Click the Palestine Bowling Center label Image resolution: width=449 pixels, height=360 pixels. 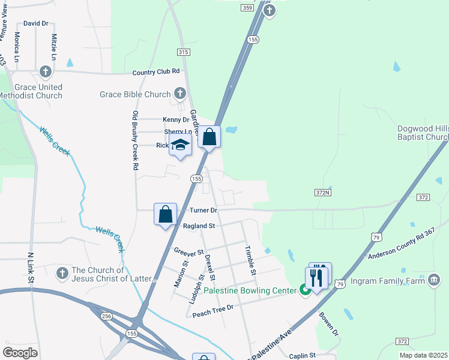tap(250, 290)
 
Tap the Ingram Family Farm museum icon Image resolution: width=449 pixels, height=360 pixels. tap(434, 280)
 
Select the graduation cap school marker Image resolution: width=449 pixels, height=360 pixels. tap(180, 145)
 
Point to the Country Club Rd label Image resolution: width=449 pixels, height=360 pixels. tap(156, 72)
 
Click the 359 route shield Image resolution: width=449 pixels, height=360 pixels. tap(247, 8)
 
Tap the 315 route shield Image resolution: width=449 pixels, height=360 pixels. tap(184, 52)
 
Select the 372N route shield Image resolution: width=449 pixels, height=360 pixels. tap(322, 193)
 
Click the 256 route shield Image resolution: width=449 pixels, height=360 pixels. tap(107, 316)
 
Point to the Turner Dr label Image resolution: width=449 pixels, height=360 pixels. tap(203, 211)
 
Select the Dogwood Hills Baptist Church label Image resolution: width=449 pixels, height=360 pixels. tap(423, 133)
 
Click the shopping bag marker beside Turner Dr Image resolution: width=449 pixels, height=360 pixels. tap(165, 214)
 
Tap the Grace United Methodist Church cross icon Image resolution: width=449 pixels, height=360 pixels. tap(45, 72)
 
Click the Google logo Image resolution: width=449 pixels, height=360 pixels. tap(20, 352)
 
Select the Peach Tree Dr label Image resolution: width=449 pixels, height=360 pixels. tap(212, 307)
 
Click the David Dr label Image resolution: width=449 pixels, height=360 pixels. tap(35, 23)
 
